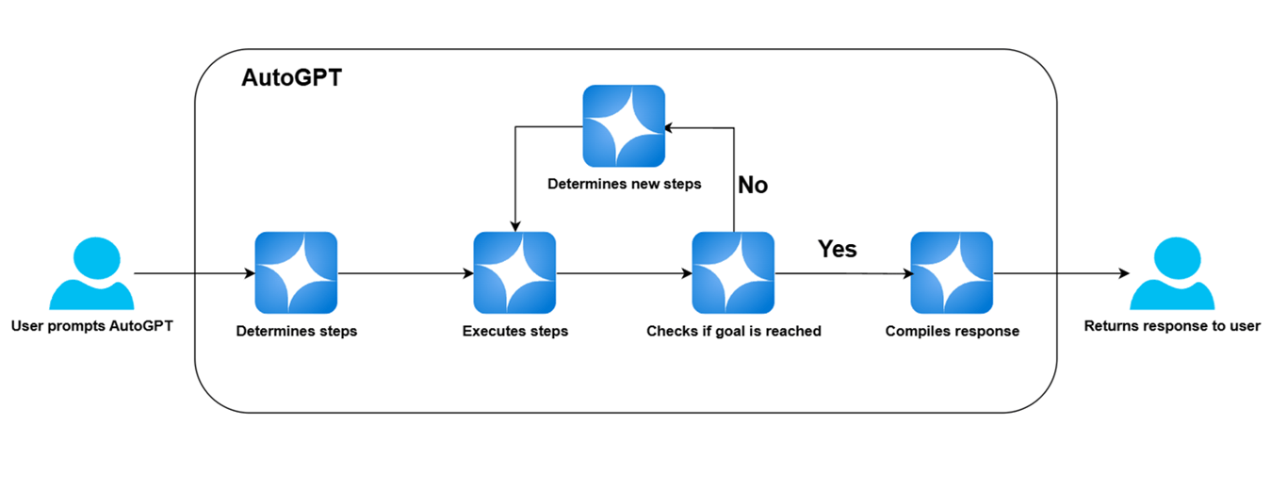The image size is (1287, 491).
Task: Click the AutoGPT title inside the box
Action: coord(291,78)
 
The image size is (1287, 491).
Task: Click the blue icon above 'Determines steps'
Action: coord(297,272)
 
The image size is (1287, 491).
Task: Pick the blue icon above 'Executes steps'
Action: coord(514,272)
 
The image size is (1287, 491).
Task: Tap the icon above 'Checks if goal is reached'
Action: coord(733,272)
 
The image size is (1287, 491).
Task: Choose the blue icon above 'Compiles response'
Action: coord(952,272)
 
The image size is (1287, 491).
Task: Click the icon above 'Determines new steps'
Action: coord(624,126)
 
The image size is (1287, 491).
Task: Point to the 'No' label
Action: coord(753,185)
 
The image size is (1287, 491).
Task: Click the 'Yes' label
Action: coord(837,249)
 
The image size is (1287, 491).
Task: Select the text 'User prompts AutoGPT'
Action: coord(91,327)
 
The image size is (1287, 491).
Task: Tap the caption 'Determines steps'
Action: coord(297,332)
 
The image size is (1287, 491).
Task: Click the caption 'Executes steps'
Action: coord(515,332)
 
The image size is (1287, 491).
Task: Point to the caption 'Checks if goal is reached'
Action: coord(734,332)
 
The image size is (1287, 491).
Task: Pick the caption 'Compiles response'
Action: coord(952,332)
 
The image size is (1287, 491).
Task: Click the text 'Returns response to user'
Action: coord(1172,327)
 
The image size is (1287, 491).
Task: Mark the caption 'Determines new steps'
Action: coord(624,184)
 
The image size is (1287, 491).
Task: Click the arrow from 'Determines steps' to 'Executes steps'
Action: coord(405,274)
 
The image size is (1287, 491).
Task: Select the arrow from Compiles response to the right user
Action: coord(1061,274)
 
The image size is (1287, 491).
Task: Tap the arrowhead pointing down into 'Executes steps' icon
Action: coord(514,225)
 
